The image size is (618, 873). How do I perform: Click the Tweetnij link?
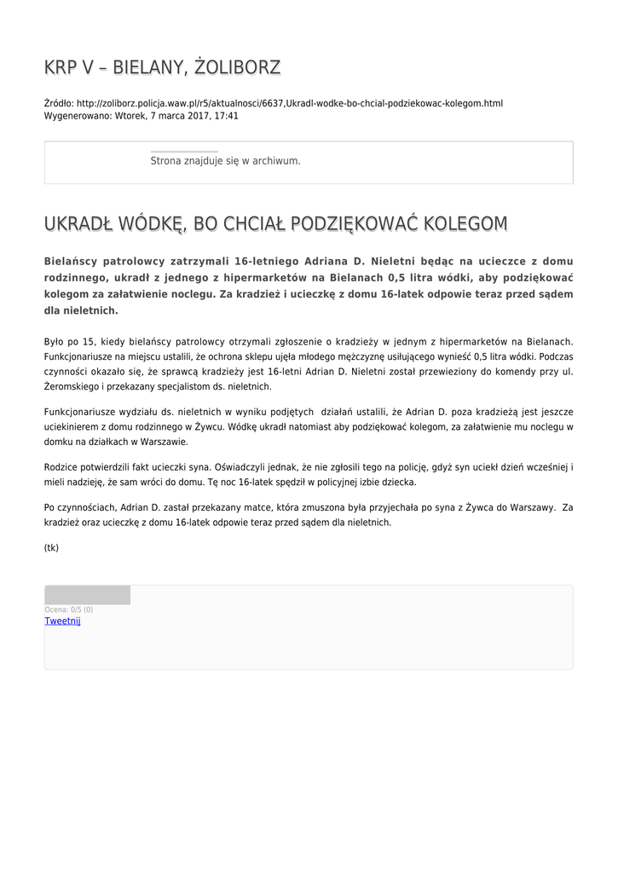tap(62, 622)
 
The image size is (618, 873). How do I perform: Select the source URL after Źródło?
tap(289, 103)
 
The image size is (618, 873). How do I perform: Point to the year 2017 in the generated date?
tap(199, 116)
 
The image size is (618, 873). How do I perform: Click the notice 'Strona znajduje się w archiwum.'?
tap(225, 160)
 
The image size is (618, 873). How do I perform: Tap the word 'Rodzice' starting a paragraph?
tap(61, 466)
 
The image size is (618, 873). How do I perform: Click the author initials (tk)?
tap(51, 547)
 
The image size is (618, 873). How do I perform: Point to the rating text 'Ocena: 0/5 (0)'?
tap(69, 610)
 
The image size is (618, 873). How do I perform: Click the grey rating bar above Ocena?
tap(87, 595)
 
